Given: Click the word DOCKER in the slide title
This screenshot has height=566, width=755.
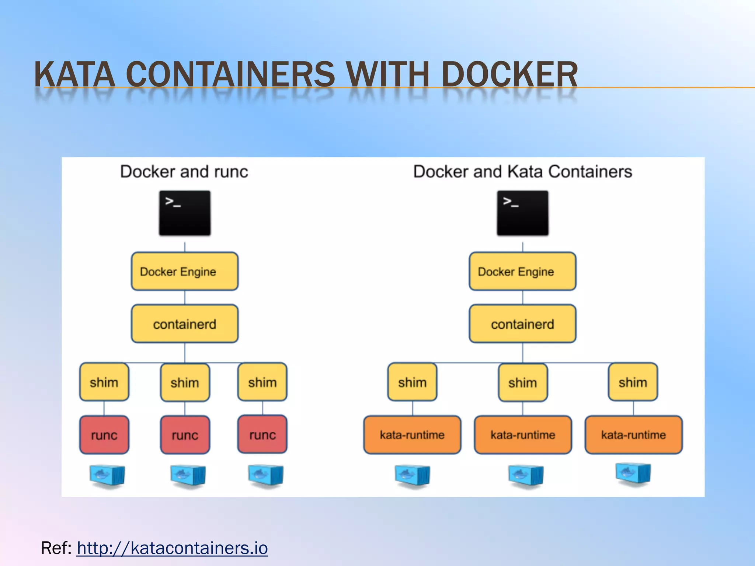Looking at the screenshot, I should [509, 75].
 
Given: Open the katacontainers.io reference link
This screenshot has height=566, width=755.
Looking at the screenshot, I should [172, 548].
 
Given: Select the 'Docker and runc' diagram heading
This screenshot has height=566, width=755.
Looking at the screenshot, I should [184, 172].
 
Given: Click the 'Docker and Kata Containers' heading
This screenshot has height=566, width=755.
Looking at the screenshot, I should [522, 172].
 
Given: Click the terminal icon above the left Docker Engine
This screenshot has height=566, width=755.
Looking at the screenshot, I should [185, 213].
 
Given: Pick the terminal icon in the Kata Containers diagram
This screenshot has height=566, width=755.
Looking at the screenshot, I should [522, 213].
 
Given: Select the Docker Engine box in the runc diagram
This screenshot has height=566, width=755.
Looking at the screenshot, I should [185, 272].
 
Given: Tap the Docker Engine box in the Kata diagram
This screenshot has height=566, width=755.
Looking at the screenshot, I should [522, 272].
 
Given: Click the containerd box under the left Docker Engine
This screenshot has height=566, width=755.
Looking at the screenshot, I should [185, 324].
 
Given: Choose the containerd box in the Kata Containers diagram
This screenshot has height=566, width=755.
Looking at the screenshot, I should [522, 324].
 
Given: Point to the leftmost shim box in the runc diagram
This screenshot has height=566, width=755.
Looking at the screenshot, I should [104, 382].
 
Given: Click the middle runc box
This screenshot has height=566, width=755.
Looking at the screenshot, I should [185, 435].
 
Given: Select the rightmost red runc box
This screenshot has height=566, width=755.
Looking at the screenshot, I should [262, 434].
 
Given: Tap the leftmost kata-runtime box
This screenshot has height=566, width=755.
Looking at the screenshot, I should [412, 435].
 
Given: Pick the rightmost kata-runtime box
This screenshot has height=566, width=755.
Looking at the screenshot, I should [633, 435].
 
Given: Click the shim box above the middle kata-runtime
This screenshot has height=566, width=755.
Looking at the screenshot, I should [522, 382].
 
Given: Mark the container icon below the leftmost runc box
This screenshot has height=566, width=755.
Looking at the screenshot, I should [107, 476].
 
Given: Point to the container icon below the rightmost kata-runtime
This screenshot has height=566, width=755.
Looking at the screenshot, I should [633, 475].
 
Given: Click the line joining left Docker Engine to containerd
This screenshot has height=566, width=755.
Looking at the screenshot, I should [185, 297].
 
